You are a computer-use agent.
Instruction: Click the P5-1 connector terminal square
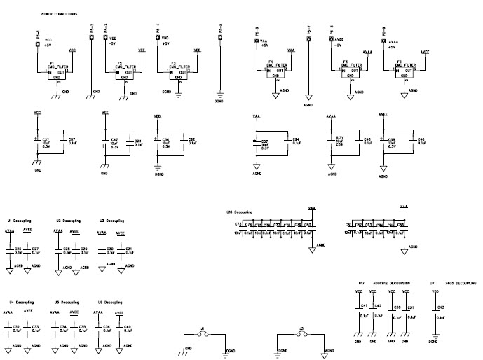pyautogui.click(x=37, y=44)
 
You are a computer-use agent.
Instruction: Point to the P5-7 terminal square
pyautogui.click(x=309, y=39)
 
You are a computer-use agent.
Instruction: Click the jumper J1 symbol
pyautogui.click(x=203, y=335)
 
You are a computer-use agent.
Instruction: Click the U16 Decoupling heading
pyautogui.click(x=240, y=211)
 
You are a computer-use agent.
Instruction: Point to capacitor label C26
pyautogui.click(x=18, y=248)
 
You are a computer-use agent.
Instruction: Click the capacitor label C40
pyautogui.click(x=128, y=326)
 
